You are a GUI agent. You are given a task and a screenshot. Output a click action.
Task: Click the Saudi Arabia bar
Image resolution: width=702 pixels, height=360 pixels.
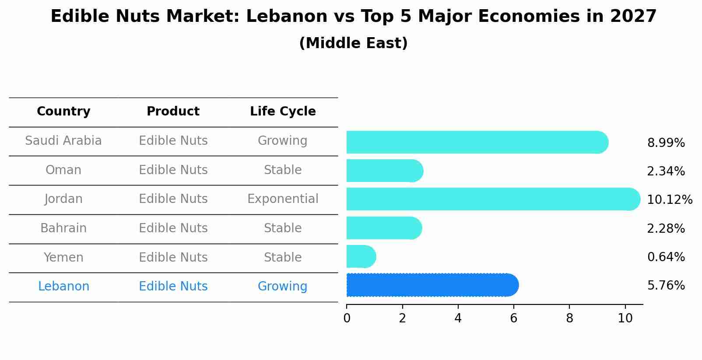pos(477,142)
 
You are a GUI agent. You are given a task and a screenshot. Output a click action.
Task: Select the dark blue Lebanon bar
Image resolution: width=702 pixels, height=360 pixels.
pos(432,285)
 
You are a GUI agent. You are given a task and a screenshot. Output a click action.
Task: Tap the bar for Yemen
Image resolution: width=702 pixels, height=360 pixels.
pos(361,256)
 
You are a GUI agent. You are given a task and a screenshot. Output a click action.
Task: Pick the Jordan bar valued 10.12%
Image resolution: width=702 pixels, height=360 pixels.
pos(493,199)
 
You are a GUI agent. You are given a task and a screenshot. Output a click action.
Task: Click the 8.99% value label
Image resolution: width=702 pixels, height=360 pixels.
pos(666,143)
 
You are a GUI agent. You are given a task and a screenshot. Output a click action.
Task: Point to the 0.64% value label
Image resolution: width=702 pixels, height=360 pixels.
pos(666,257)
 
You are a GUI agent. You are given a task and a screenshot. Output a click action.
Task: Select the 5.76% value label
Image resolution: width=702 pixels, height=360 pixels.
pos(666,286)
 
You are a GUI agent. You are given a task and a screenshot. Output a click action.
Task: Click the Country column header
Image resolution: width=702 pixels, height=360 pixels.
pos(63,112)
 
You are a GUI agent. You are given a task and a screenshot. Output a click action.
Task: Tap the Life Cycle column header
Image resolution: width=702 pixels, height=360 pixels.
pos(283,112)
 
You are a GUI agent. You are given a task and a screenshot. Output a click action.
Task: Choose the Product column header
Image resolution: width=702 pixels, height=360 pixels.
pos(173,112)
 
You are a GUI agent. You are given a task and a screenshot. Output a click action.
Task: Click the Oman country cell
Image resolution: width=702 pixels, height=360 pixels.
pos(63,170)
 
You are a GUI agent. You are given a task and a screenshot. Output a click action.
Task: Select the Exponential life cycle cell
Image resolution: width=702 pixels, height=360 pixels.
pos(283,199)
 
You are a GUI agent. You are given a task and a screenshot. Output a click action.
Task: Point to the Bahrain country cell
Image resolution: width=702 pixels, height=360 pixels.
pos(63,228)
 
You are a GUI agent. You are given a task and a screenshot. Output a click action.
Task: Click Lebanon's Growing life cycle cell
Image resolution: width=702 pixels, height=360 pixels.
pos(283,287)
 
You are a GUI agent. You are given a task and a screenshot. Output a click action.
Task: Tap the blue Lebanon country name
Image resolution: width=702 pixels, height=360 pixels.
pos(63,287)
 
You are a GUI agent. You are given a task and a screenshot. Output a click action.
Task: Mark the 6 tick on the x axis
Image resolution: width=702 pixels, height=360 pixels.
pos(514,318)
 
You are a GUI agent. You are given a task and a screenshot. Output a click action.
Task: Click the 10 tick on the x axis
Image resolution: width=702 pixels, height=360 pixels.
pos(625,318)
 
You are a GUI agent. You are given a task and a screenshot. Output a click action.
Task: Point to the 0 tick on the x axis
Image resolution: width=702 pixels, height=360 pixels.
pos(347,318)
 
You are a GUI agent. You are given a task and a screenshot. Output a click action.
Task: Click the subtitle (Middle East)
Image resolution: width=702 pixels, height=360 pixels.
pos(353,43)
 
